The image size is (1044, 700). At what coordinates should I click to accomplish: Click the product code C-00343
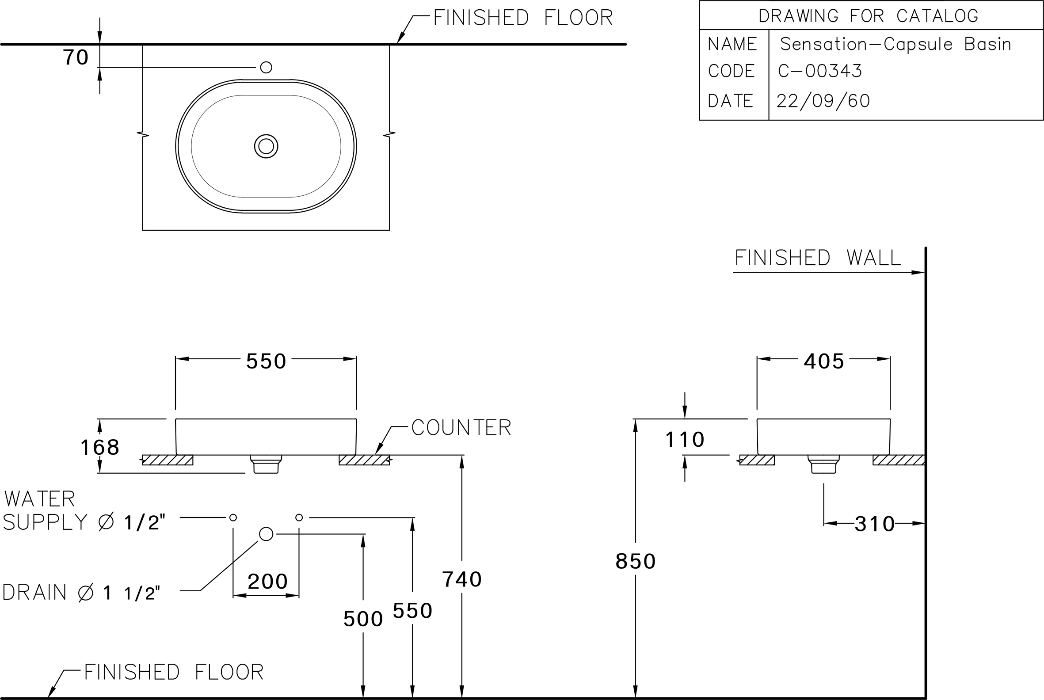point(820,71)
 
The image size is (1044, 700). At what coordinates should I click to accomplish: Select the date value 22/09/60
point(823,101)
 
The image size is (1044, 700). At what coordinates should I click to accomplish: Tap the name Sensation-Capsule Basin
point(895,44)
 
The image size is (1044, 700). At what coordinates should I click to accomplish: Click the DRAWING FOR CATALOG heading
point(868,16)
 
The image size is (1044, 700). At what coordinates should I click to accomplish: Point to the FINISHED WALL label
point(818,258)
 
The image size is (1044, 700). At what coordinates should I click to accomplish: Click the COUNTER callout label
point(461,427)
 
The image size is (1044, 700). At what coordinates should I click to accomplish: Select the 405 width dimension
point(824,361)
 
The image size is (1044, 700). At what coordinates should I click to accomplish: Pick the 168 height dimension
point(99,447)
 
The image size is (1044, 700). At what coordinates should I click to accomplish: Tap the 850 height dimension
point(636,561)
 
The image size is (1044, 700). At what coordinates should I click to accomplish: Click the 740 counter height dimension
point(462,579)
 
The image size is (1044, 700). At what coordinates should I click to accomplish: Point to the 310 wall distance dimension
point(874,524)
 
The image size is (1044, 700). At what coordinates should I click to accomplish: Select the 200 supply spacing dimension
point(267,581)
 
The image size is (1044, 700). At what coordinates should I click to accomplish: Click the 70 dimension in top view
point(76,57)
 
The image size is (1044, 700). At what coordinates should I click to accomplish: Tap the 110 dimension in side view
point(685,439)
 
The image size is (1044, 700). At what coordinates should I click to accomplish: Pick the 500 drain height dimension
point(363,619)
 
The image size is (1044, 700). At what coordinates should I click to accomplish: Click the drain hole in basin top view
point(266,146)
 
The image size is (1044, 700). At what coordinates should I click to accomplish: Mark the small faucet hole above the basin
point(266,68)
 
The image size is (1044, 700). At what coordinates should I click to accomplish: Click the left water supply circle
point(233,517)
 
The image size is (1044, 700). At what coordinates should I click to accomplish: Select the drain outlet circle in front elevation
point(266,534)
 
